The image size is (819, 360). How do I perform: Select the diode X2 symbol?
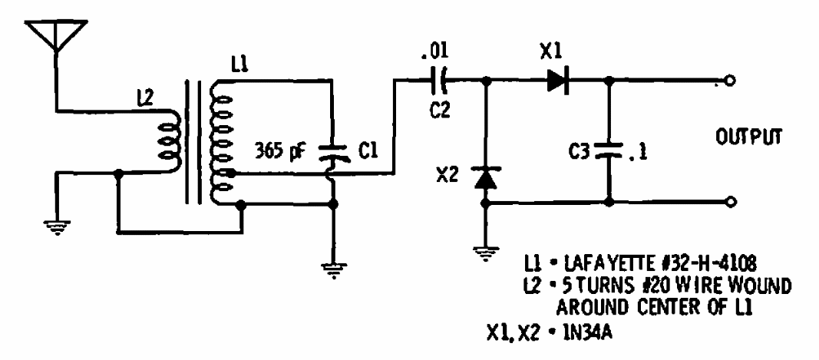coord(484,177)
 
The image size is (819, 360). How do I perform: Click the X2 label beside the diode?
coord(447,176)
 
